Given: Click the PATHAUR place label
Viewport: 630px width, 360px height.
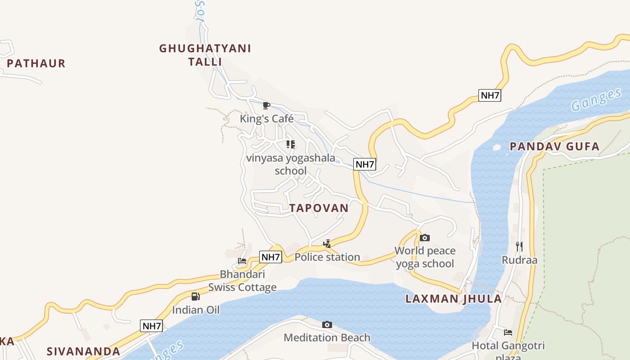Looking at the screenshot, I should (x=36, y=63).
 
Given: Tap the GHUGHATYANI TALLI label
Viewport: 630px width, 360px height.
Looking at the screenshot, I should (x=205, y=55).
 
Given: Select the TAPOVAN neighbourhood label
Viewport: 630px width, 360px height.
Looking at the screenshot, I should (x=319, y=208).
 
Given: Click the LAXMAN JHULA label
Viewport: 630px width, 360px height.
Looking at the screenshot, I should (x=454, y=299).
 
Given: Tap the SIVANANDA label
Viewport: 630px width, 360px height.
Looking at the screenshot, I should (x=84, y=351).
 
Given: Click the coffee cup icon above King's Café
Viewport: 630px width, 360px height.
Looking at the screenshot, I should (x=266, y=106).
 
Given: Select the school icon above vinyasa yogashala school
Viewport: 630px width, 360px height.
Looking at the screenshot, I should (x=291, y=144).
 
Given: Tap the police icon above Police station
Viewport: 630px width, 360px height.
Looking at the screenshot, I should (x=327, y=244).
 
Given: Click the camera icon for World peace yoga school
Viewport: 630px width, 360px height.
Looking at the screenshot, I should (x=424, y=238).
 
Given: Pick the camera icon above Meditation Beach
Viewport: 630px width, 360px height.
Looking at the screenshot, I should (x=327, y=324).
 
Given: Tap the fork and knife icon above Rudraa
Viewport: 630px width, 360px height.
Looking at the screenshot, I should (x=519, y=247).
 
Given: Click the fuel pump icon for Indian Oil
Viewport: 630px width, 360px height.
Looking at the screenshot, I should (x=195, y=297).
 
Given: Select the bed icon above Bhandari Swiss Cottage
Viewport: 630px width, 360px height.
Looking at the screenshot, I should (x=242, y=261).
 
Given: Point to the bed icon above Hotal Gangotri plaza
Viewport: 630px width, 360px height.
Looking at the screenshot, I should (x=508, y=333).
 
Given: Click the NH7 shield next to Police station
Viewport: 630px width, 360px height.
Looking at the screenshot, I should (x=271, y=257).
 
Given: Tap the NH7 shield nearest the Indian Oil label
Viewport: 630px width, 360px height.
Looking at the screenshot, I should (x=151, y=326).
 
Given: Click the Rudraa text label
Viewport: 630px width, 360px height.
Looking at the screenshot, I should (x=519, y=260).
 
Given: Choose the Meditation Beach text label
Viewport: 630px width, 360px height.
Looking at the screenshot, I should (x=327, y=337).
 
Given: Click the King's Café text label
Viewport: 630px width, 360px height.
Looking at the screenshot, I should (x=266, y=119).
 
